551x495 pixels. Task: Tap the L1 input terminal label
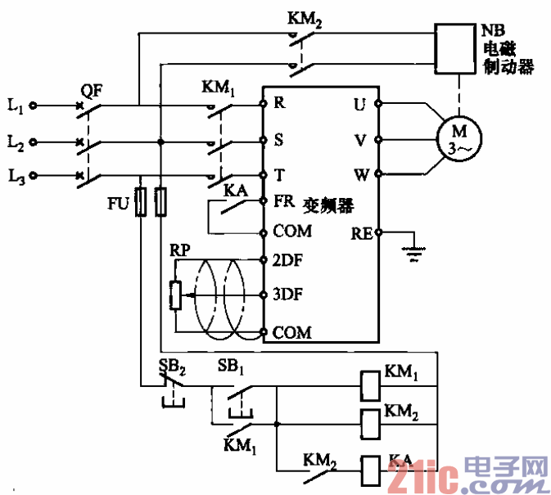15,106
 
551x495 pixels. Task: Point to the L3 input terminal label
15,176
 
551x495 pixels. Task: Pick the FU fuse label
118,202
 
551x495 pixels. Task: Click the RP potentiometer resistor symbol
174,295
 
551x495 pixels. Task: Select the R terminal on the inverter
279,103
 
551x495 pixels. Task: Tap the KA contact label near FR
237,190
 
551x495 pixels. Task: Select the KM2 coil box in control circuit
369,421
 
